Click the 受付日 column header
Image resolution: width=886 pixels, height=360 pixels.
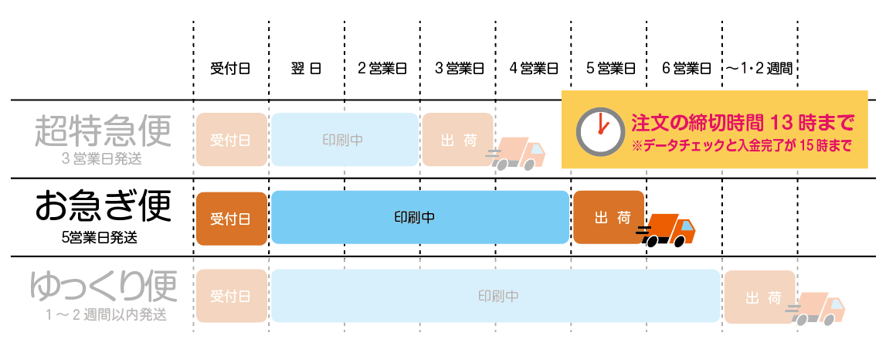(x=230, y=68)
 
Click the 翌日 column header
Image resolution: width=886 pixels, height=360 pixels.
(x=307, y=68)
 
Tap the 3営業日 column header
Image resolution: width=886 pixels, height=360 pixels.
(x=459, y=68)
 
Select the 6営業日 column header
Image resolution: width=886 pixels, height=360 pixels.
(x=686, y=68)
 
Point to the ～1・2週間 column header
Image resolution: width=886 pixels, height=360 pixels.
(x=759, y=68)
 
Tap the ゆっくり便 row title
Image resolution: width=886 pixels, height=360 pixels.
(x=102, y=285)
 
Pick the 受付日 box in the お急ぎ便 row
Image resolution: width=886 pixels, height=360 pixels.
(x=231, y=217)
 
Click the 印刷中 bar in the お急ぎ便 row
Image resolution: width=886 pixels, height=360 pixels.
(x=419, y=217)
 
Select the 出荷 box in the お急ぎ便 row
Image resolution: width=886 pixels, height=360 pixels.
(x=608, y=217)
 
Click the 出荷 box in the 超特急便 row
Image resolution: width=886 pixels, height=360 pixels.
(x=457, y=140)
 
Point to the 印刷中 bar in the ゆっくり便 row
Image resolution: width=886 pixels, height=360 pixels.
(x=495, y=296)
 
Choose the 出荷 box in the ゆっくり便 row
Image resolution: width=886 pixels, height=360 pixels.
(x=759, y=297)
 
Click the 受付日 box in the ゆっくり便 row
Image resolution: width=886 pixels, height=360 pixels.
(x=231, y=296)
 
